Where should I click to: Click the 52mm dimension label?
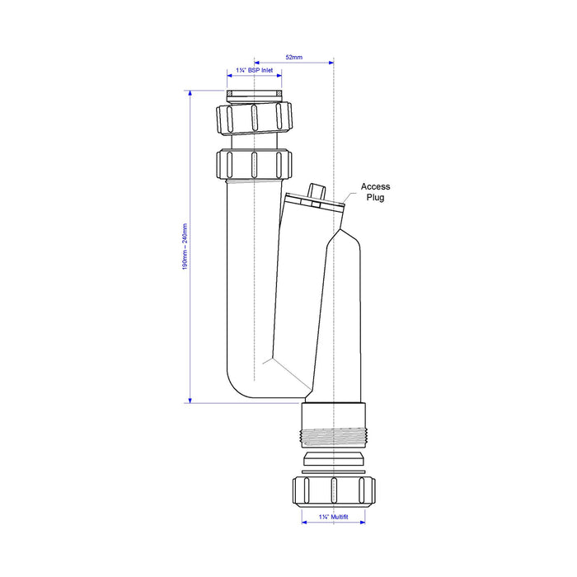pyautogui.click(x=294, y=58)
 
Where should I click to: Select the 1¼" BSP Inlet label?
pyautogui.click(x=255, y=70)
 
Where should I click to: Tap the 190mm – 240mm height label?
pyautogui.click(x=185, y=246)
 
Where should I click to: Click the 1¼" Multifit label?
pyautogui.click(x=333, y=517)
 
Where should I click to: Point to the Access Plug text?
pyautogui.click(x=375, y=192)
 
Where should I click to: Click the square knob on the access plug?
pyautogui.click(x=317, y=191)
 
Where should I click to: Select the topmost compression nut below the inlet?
pyautogui.click(x=254, y=118)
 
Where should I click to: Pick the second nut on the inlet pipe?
pyautogui.click(x=254, y=164)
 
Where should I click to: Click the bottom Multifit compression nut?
pyautogui.click(x=334, y=490)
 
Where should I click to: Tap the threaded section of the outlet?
pyautogui.click(x=334, y=438)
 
